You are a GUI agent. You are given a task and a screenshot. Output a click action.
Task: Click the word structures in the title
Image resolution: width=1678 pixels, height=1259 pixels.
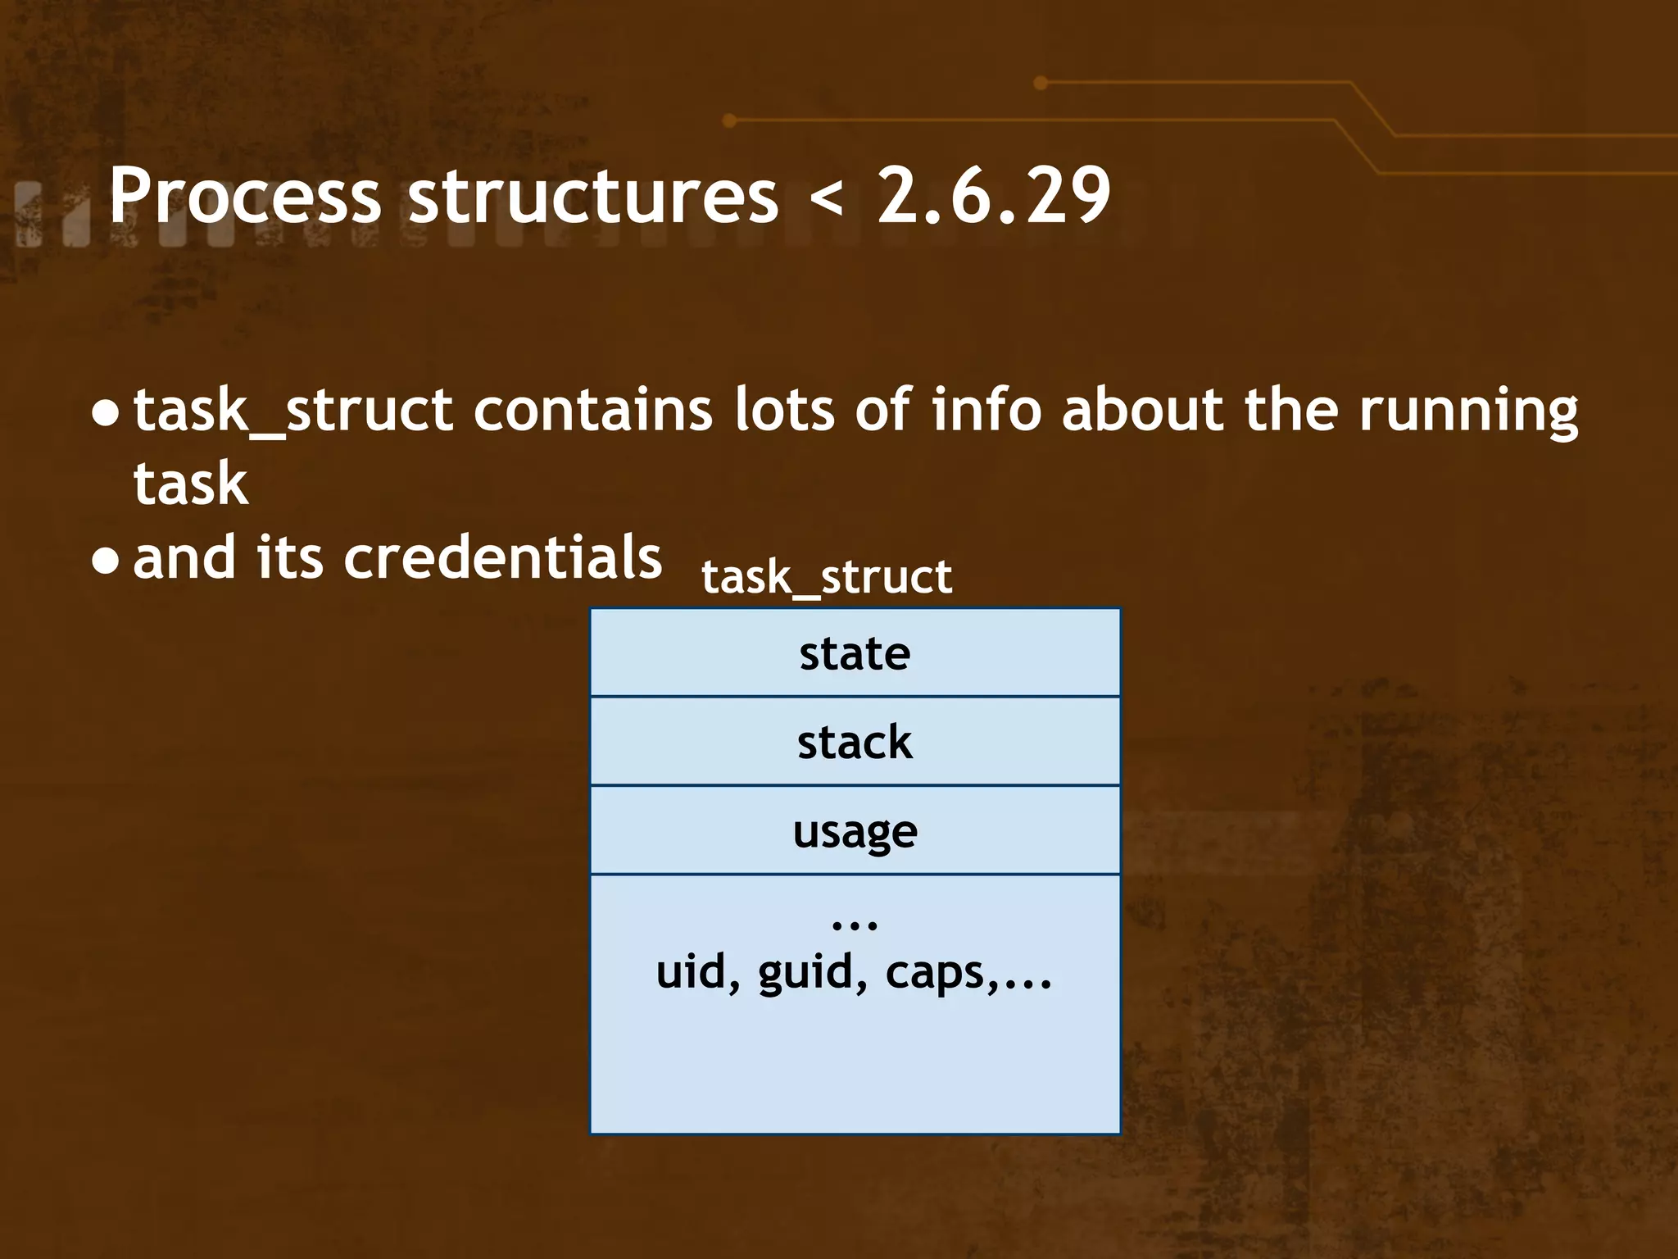point(593,196)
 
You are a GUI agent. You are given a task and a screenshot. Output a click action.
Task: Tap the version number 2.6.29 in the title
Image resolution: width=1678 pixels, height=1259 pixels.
point(994,196)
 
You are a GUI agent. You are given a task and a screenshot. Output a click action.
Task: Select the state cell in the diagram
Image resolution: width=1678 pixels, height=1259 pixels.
point(855,653)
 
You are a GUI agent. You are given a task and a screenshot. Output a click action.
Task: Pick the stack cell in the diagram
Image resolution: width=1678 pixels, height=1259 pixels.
point(855,742)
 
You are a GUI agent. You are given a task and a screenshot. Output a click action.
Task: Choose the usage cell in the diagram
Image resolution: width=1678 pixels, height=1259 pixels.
point(855,831)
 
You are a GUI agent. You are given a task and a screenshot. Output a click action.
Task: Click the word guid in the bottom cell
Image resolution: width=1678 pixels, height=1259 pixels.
point(806,974)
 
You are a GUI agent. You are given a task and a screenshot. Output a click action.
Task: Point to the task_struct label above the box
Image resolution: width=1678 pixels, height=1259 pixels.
point(827,577)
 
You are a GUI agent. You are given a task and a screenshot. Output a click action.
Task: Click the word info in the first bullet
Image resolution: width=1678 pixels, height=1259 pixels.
point(986,409)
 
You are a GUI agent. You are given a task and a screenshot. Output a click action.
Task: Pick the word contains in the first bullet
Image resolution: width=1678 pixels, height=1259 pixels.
point(592,409)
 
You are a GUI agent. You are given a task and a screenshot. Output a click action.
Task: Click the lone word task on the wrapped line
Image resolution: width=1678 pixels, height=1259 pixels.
point(190,484)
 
